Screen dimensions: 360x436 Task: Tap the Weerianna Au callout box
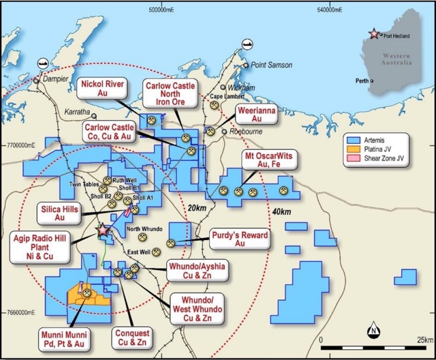pos(252,114)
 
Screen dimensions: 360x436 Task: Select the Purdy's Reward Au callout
pos(239,239)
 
